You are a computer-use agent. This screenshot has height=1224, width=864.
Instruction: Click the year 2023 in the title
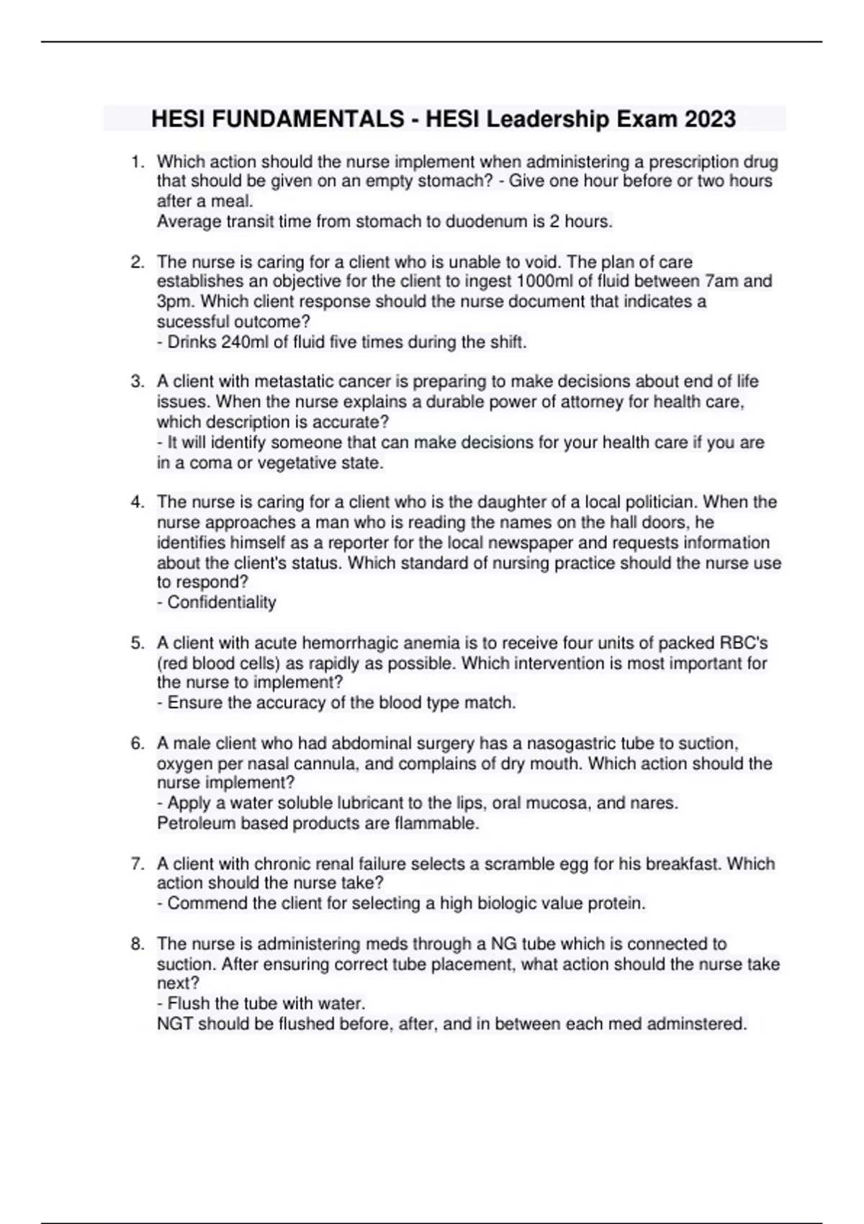[x=710, y=119]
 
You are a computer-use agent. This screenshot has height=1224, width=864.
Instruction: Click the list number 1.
[x=137, y=162]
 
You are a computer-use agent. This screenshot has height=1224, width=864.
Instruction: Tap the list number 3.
[x=137, y=382]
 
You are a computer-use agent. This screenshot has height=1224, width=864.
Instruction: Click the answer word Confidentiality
[x=221, y=603]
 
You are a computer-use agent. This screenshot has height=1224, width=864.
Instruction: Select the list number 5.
[x=137, y=643]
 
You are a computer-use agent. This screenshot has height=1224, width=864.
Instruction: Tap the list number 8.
[x=137, y=944]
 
